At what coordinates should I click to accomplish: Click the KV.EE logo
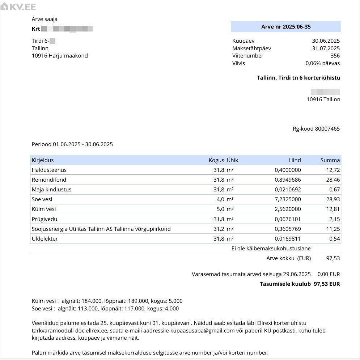pos(18,7)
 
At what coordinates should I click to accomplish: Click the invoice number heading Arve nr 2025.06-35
pos(286,27)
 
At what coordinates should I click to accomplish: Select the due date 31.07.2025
pos(326,48)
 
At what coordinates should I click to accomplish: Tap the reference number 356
pos(335,56)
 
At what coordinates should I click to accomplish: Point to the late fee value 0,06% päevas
pos(322,63)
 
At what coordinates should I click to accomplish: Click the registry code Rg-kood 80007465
pos(316,129)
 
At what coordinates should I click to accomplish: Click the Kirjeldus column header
pos(43,160)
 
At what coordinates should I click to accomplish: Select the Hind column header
pos(295,160)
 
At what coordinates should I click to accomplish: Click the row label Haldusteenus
pos(49,170)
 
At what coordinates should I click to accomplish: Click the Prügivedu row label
pos(45,219)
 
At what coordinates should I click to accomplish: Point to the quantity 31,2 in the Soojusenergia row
pos(219,229)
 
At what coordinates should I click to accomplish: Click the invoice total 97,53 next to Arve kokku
pos(333,258)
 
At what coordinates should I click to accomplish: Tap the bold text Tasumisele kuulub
pos(285,284)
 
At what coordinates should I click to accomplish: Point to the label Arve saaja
pos(45,19)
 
